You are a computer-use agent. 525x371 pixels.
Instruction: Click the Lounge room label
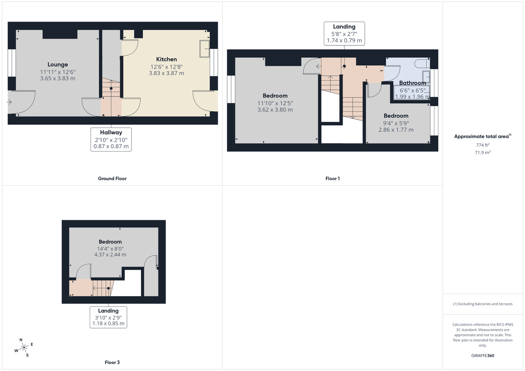coord(58,65)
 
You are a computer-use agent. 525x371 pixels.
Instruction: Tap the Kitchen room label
coord(166,59)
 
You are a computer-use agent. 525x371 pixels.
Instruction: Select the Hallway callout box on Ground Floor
coord(111,139)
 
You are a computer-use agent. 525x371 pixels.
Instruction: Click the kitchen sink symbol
coord(204,49)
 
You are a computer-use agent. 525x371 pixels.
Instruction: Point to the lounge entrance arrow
coord(10,102)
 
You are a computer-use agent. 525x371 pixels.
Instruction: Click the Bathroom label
coord(412,83)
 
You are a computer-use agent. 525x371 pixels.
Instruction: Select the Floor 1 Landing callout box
coord(344,34)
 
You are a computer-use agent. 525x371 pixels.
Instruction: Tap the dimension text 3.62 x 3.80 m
coord(275,110)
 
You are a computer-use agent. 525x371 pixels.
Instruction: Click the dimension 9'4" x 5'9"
coord(395,123)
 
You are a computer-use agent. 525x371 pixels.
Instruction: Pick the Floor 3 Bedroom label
coord(110,242)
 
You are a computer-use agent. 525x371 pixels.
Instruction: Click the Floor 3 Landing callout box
coord(108,317)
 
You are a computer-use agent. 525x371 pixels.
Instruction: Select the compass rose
coord(24,347)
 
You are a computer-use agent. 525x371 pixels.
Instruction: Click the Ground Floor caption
coord(112,178)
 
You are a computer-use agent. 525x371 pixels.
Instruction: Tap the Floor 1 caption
coord(332,178)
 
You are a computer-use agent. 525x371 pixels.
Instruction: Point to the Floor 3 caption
coord(112,362)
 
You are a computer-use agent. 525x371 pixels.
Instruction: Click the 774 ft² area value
coord(483,145)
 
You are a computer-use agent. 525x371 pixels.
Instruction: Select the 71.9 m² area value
coord(483,153)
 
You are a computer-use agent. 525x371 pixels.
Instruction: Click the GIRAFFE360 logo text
coord(483,356)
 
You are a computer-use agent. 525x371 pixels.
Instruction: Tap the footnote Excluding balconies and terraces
coord(483,304)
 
